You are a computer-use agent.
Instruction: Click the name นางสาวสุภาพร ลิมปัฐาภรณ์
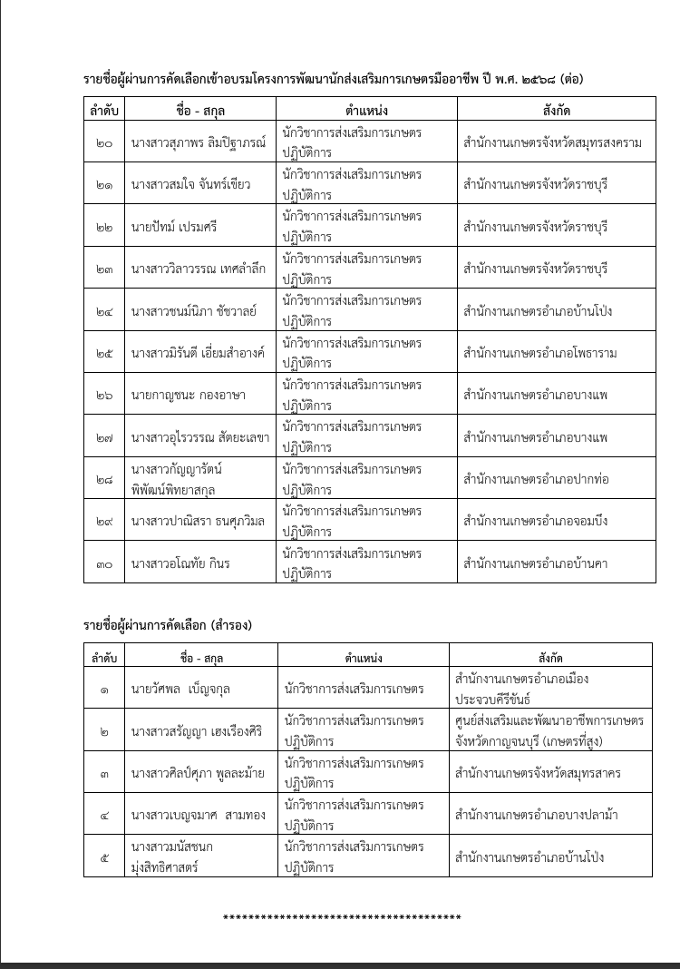[199, 142]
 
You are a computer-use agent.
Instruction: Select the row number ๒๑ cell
[104, 184]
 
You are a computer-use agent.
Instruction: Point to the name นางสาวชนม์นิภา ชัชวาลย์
[194, 311]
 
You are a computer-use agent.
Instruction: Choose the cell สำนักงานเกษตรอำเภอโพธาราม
[539, 353]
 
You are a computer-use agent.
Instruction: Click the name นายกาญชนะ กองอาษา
[188, 395]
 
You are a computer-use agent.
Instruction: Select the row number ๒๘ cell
[104, 479]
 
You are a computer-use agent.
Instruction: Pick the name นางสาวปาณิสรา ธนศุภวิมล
[197, 521]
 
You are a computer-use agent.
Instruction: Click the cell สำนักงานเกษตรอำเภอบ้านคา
[534, 563]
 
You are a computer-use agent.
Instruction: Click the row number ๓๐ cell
[104, 563]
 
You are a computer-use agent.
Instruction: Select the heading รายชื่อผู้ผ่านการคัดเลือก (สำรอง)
[168, 625]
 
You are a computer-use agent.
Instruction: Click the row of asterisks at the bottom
[342, 918]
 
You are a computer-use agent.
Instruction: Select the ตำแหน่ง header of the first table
[366, 111]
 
